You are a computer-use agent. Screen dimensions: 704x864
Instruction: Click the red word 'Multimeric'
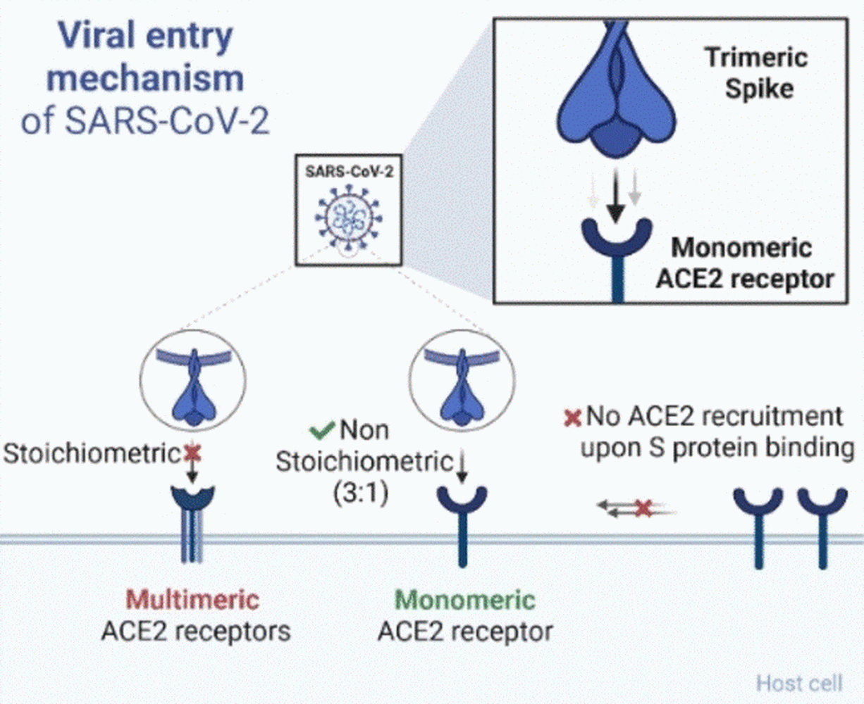pos(192,600)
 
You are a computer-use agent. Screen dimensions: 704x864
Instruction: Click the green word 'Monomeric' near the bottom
pos(465,600)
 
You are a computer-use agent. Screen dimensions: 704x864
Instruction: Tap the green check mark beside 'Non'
pos(322,429)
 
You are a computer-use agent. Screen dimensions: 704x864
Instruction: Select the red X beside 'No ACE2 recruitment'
pos(572,418)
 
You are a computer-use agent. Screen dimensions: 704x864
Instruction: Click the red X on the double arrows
pos(642,508)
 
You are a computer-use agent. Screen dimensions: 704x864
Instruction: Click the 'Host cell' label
pos(798,682)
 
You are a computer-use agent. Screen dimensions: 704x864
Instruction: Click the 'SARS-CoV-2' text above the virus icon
pos(349,172)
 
